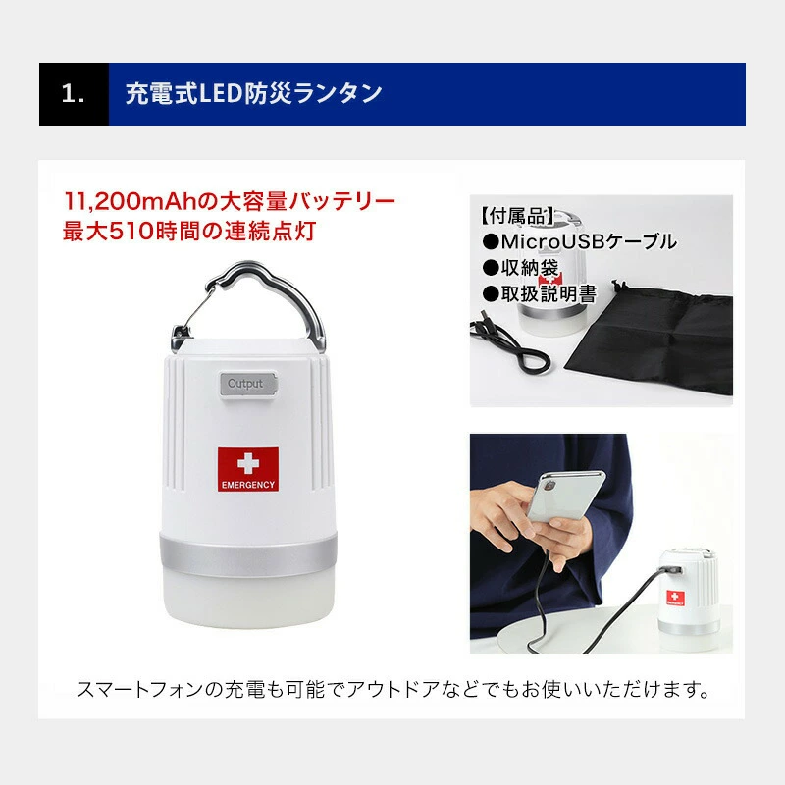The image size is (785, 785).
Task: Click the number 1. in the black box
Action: click(73, 93)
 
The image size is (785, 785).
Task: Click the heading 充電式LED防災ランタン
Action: click(254, 93)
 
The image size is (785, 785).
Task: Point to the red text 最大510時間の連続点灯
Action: click(189, 232)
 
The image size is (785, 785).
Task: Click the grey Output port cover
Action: click(248, 384)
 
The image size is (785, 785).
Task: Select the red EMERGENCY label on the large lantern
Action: click(248, 469)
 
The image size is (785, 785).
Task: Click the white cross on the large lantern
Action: click(248, 463)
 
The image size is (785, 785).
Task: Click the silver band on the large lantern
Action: click(248, 554)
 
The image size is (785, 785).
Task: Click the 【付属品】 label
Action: click(517, 216)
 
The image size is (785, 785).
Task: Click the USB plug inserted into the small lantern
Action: click(672, 570)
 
